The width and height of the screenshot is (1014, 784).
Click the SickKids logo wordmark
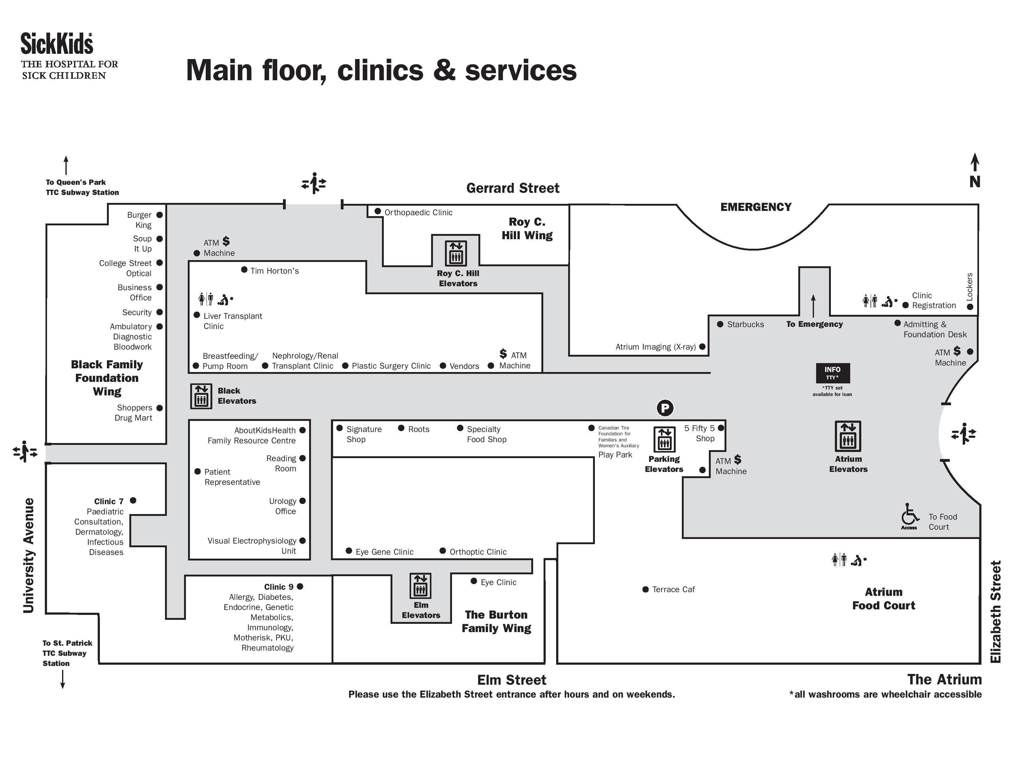pos(57,44)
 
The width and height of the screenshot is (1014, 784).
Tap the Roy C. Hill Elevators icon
pos(455,253)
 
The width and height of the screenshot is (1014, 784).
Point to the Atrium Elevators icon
pos(848,436)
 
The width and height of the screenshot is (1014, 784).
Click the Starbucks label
pos(745,324)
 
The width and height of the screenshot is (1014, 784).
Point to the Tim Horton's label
pos(274,271)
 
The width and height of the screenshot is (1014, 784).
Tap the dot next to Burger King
pos(159,215)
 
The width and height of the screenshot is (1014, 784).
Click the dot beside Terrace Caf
pos(645,589)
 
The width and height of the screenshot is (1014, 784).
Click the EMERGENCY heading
pos(756,207)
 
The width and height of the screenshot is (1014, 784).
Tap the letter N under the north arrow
pos(975,182)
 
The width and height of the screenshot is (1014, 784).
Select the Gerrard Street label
pos(513,188)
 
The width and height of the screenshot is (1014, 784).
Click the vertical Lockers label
pos(969,286)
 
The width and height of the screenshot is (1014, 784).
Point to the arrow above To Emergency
pos(813,305)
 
